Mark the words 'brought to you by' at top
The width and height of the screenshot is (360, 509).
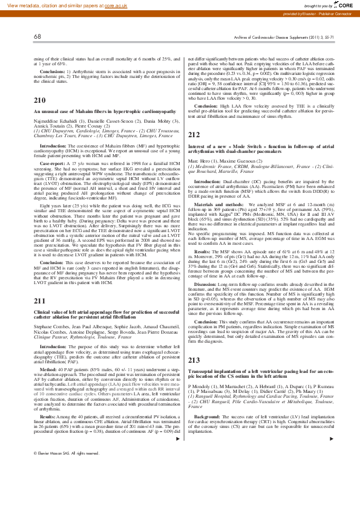pos(315,4)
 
